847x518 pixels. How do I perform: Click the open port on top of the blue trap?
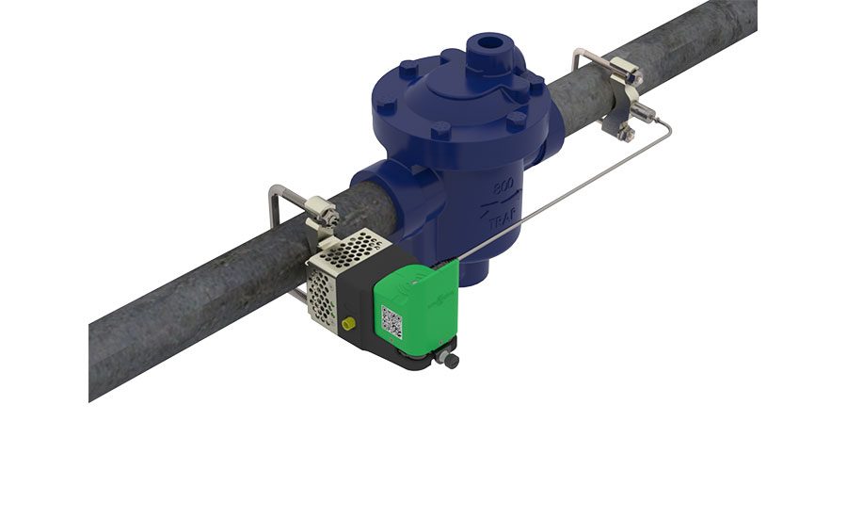[492, 44]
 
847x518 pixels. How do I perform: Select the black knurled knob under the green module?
[451, 360]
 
